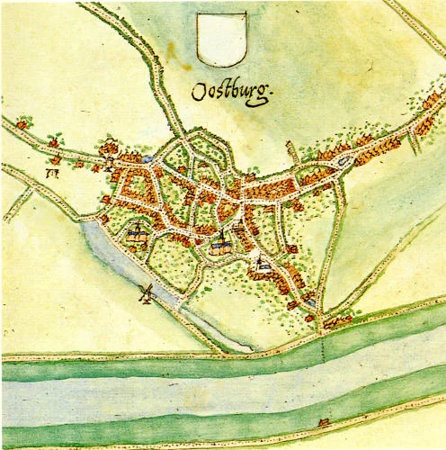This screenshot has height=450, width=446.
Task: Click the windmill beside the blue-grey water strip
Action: click(x=144, y=292)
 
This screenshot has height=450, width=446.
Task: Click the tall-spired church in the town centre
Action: click(x=222, y=243)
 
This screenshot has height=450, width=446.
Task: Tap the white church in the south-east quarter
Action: click(x=262, y=265)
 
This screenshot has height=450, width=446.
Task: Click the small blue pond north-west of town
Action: click(x=147, y=157)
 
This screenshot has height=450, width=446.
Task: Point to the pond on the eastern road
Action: click(x=344, y=162)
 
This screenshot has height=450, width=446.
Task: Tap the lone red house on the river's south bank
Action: click(x=321, y=422)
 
